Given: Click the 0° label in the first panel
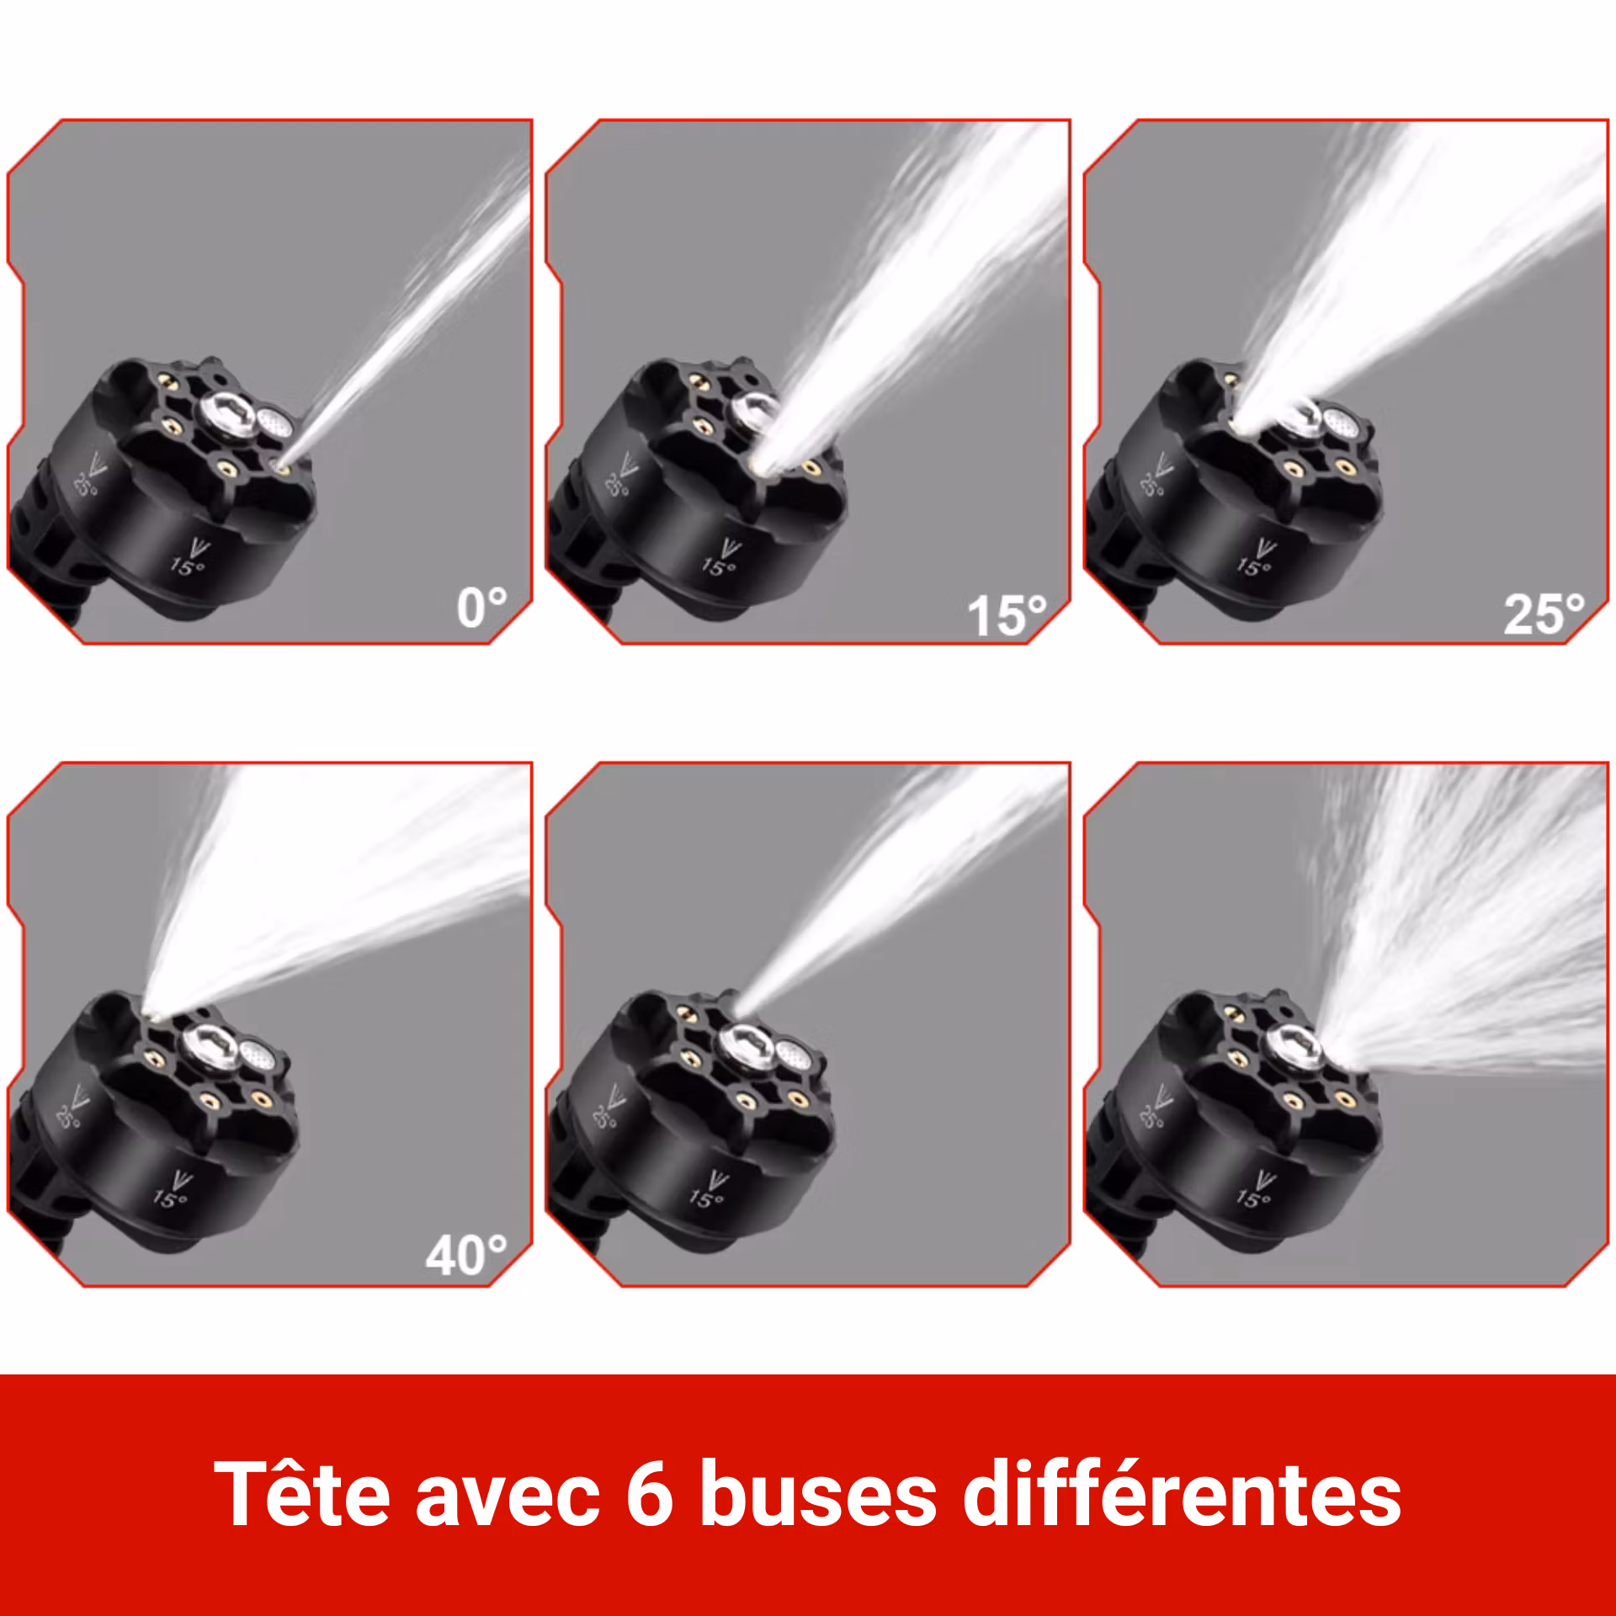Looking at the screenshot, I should point(481,608).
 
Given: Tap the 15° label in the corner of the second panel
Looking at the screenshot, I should point(1006,616).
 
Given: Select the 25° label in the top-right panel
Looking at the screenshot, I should point(1543,614).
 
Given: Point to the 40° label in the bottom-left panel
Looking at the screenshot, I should point(465,1256).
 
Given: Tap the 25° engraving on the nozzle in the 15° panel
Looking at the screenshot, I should point(617,485).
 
